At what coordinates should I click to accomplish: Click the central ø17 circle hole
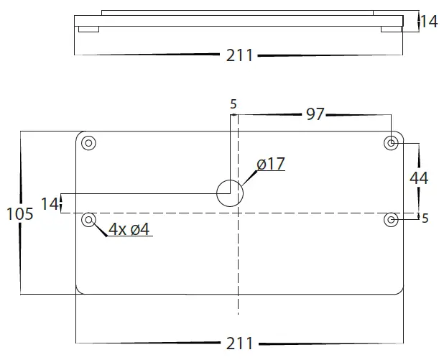pos(230,193)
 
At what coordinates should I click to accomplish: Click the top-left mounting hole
pos(89,142)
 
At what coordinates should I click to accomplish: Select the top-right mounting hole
pos(391,143)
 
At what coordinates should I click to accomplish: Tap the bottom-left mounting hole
pos(89,218)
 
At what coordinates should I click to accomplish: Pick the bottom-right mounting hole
pos(391,218)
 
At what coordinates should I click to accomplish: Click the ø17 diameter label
pos(270,164)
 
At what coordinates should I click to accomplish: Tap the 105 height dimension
pos(20,213)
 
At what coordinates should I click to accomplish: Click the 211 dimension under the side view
pos(239,55)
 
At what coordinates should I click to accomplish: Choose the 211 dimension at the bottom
pos(239,343)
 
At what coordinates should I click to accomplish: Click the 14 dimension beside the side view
pos(428,22)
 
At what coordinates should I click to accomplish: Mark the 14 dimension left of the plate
pos(49,203)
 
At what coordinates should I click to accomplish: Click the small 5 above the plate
pos(233,103)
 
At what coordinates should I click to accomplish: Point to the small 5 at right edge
pos(425,218)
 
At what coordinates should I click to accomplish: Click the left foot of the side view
pos(88,29)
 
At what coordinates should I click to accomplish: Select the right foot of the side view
pos(391,29)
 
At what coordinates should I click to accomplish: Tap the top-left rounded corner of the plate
pos(79,134)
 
